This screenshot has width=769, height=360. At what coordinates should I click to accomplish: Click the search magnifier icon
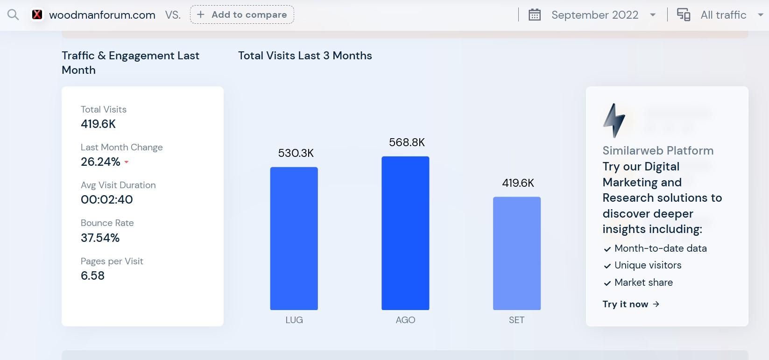(x=13, y=15)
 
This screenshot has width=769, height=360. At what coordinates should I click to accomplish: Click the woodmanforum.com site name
(x=102, y=15)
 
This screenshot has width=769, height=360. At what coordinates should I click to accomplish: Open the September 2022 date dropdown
(x=653, y=15)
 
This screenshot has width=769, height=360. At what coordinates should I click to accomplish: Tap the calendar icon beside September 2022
(x=535, y=15)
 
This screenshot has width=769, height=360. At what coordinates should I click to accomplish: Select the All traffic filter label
(x=723, y=15)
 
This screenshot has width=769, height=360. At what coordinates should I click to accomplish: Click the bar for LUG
(x=294, y=238)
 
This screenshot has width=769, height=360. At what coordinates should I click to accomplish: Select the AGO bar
(x=405, y=233)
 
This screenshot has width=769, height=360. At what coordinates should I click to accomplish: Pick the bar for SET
(x=516, y=253)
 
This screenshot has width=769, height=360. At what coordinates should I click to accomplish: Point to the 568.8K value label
(x=407, y=142)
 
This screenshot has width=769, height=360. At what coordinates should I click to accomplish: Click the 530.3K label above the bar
(x=296, y=153)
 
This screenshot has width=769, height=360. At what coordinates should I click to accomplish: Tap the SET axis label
(x=516, y=320)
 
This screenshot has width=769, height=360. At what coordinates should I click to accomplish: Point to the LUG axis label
(x=294, y=320)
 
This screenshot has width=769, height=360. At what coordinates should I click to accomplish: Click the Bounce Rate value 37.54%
(x=100, y=238)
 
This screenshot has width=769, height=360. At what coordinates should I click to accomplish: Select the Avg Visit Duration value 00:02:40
(x=106, y=199)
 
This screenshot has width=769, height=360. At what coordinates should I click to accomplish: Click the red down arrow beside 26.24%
(x=127, y=162)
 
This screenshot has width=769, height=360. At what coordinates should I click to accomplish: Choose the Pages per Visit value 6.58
(x=92, y=275)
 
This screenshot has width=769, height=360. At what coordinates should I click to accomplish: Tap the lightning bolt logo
(x=614, y=120)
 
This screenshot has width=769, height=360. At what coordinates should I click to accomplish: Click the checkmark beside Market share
(x=607, y=283)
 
